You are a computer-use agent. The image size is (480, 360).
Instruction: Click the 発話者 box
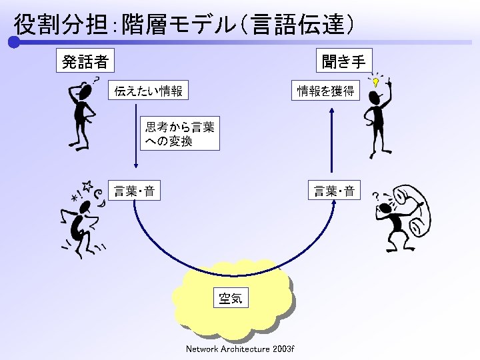pyautogui.click(x=85, y=61)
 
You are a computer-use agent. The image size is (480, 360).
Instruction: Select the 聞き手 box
pyautogui.click(x=343, y=61)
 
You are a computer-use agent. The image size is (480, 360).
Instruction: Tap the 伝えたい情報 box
pyautogui.click(x=148, y=91)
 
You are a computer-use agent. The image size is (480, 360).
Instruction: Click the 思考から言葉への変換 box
pyautogui.click(x=180, y=134)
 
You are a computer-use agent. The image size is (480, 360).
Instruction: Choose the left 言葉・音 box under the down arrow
pyautogui.click(x=135, y=192)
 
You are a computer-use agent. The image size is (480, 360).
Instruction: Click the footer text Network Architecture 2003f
pyautogui.click(x=240, y=349)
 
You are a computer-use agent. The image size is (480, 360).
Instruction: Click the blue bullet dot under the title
pyautogui.click(x=13, y=42)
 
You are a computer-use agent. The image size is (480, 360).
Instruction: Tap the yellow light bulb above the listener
pyautogui.click(x=377, y=83)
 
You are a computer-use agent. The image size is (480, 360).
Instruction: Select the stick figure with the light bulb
pyautogui.click(x=377, y=120)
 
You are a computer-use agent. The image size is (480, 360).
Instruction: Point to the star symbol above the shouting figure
pyautogui.click(x=87, y=185)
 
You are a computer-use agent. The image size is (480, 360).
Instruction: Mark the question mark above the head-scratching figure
pyautogui.click(x=97, y=79)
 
